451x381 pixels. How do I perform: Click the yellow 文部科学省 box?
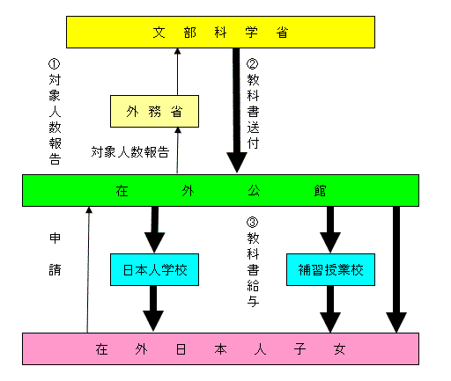point(220,32)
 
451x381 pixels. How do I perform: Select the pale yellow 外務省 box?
point(154,111)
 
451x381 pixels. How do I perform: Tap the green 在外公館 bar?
point(220,191)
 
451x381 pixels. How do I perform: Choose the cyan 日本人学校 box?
point(154,269)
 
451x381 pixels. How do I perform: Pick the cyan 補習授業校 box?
point(330,269)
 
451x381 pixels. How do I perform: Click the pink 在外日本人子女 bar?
point(220,348)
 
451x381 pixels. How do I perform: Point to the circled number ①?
point(55,64)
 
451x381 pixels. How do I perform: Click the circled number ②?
point(253,64)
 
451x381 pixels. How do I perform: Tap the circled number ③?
point(253,223)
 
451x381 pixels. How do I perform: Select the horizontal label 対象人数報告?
point(130,152)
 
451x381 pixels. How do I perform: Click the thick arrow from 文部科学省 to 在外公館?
point(236,110)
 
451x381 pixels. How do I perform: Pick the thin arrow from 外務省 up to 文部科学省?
point(177,71)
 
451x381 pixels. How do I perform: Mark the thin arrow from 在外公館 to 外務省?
point(177,150)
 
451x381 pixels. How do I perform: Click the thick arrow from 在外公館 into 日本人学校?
point(155,230)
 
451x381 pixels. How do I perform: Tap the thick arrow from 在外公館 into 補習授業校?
point(330,230)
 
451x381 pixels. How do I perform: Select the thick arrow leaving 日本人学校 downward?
point(153,309)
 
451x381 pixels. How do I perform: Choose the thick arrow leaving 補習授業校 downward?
point(330,309)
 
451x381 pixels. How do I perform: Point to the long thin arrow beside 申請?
point(88,270)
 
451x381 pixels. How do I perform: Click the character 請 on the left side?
point(55,269)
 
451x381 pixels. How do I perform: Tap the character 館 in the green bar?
point(320,191)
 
